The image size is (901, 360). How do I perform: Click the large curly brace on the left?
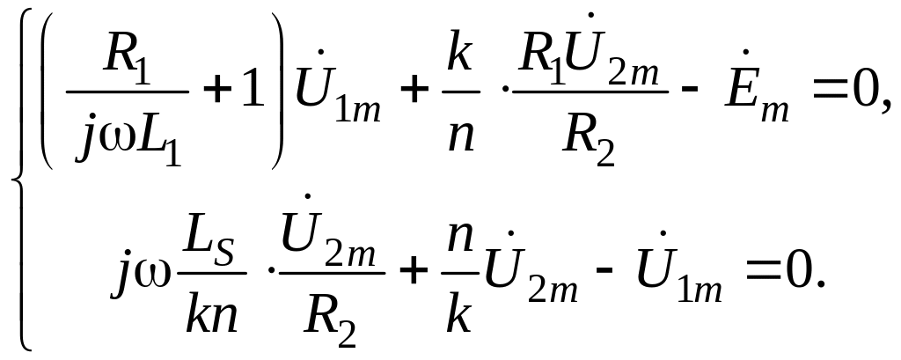[19, 180]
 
